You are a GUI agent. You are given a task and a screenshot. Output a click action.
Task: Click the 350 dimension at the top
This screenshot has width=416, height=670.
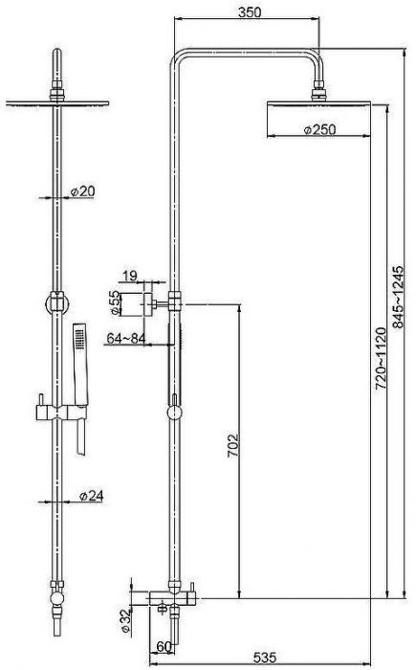point(250,11)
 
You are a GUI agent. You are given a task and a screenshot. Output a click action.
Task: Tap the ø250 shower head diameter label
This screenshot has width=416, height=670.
point(320,129)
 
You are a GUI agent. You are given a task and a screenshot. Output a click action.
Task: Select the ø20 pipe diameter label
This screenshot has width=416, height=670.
point(83,191)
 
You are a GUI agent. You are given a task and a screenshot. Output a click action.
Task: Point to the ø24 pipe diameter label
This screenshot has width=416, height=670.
point(92,496)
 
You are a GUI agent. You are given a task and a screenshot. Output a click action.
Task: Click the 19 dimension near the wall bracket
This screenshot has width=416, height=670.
point(130,276)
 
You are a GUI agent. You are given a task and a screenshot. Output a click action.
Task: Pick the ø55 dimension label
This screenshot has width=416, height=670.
point(115,303)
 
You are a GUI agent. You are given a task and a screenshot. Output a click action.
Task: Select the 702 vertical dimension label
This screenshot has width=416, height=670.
point(233,446)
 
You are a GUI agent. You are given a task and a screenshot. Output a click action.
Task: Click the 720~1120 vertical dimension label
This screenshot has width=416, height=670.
point(380,358)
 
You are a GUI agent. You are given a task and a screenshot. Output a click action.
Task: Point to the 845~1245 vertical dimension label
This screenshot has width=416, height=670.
point(398,297)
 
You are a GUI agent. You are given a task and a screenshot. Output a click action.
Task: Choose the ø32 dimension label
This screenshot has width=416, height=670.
point(125,620)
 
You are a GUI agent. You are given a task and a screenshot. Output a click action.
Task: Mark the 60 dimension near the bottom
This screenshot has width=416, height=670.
point(164,647)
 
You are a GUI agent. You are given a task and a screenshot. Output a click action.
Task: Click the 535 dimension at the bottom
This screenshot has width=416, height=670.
point(265,658)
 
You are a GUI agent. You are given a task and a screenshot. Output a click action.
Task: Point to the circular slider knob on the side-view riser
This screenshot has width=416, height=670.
point(174,413)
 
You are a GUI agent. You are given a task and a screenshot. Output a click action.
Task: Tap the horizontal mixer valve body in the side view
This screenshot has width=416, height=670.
point(172,598)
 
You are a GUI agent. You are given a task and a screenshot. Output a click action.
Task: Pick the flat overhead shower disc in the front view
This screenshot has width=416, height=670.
point(57,103)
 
